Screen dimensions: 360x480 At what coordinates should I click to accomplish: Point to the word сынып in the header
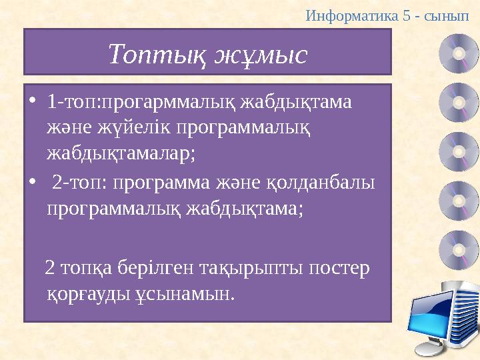pyautogui.click(x=455, y=14)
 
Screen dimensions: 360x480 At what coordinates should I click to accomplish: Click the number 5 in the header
pyautogui.click(x=407, y=14)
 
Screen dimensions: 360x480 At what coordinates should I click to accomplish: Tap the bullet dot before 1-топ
pyautogui.click(x=33, y=103)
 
